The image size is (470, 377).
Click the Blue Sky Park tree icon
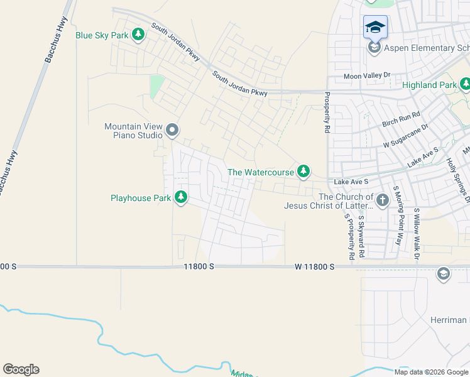click(x=138, y=35)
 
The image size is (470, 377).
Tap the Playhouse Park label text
click(x=141, y=198)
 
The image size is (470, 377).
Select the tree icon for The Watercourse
click(x=303, y=171)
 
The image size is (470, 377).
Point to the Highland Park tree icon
click(x=465, y=84)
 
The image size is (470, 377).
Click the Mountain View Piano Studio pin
click(x=173, y=131)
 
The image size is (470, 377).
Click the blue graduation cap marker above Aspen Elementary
click(x=375, y=27)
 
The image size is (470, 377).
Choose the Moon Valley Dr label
click(x=367, y=75)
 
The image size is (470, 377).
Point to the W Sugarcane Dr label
click(x=405, y=136)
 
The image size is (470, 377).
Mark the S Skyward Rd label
click(x=361, y=237)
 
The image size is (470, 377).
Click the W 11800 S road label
click(x=314, y=267)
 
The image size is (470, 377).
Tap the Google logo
click(x=21, y=369)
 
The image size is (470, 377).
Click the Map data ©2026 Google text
click(x=431, y=372)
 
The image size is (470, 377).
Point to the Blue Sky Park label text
click(x=102, y=35)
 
